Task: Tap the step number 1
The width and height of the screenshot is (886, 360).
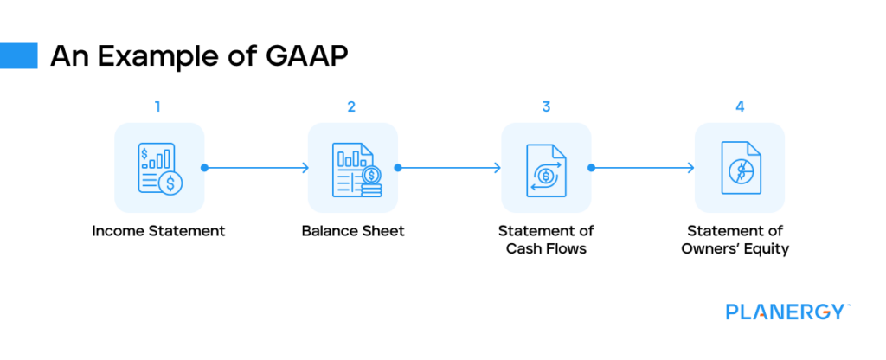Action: pyautogui.click(x=157, y=107)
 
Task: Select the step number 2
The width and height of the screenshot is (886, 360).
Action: pyautogui.click(x=351, y=107)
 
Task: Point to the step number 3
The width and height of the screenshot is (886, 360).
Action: pyautogui.click(x=546, y=107)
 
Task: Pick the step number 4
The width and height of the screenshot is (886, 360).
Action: pyautogui.click(x=740, y=107)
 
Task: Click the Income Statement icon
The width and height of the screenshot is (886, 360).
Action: pyautogui.click(x=160, y=168)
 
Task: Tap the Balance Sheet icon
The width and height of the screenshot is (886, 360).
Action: pyautogui.click(x=353, y=168)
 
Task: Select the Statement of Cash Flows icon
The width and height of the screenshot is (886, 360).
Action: pyautogui.click(x=546, y=168)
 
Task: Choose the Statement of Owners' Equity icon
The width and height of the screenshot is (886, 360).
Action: pyautogui.click(x=740, y=168)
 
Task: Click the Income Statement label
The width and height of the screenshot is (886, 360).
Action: pyautogui.click(x=160, y=232)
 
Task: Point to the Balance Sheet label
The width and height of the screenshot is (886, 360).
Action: pyautogui.click(x=353, y=232)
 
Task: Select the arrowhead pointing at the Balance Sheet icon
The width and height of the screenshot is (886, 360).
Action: pyautogui.click(x=305, y=168)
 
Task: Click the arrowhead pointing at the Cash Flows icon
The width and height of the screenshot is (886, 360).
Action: pyautogui.click(x=499, y=168)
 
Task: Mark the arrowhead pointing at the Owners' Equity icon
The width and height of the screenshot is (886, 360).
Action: pyautogui.click(x=693, y=168)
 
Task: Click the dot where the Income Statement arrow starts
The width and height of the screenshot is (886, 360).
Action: pyautogui.click(x=204, y=168)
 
